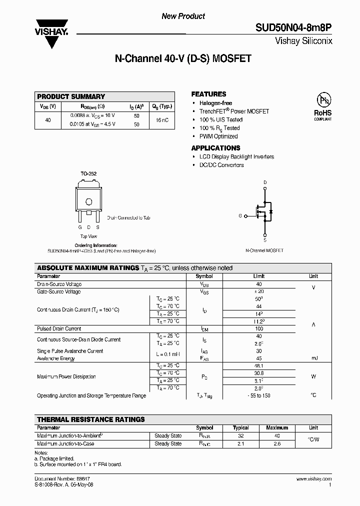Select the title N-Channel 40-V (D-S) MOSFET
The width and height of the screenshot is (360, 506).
coord(182,58)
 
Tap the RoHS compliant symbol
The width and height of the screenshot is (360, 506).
coord(322,105)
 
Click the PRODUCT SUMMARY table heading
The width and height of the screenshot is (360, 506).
coord(71,96)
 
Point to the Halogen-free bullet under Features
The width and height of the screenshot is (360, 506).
coord(215,103)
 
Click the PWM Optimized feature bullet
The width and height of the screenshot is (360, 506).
coord(218,136)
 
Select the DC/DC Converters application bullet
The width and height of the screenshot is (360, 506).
coord(221,165)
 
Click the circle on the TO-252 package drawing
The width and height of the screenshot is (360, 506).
coord(88,202)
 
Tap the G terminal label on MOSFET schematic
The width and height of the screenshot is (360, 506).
coord(240,215)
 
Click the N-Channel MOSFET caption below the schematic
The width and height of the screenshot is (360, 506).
coord(264,250)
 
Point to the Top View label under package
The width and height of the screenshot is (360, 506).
coord(88,236)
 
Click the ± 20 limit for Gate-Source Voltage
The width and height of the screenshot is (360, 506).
coord(258,291)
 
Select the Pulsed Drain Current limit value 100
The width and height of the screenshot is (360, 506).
coord(258,329)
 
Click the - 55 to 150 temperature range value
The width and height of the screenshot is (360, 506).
coord(258,395)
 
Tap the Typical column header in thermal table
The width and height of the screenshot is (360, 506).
coord(240,428)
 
